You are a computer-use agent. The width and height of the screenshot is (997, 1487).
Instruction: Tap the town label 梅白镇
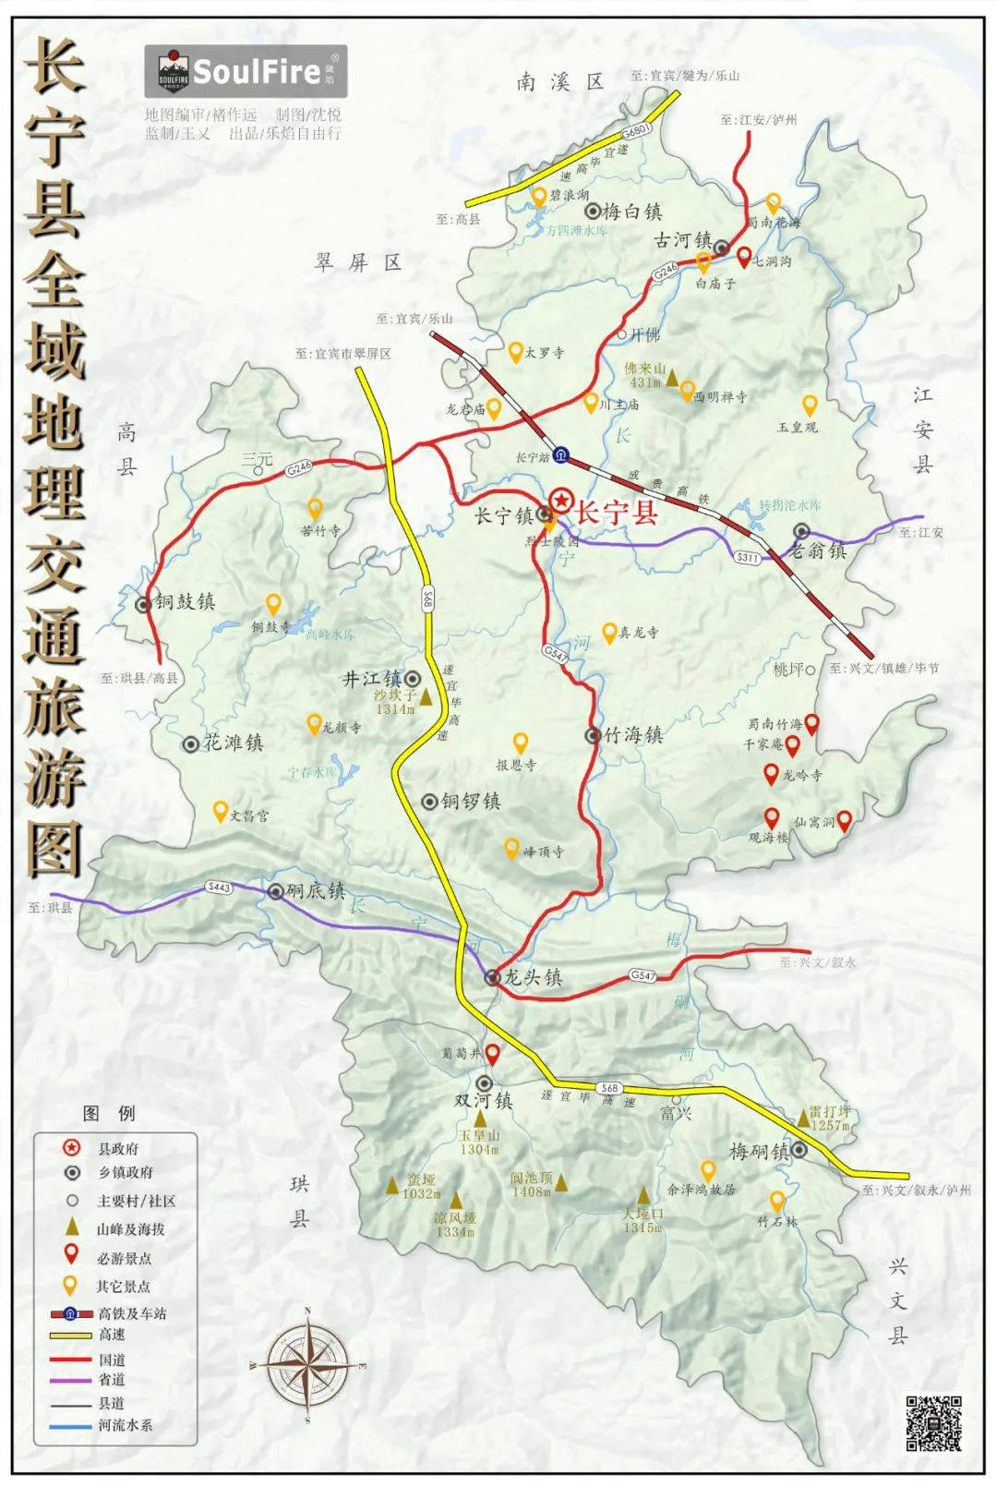631,212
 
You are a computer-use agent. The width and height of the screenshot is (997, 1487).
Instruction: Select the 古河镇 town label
682,241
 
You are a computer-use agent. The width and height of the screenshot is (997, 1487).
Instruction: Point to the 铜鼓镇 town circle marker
143,605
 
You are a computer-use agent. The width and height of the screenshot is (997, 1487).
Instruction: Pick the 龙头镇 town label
533,977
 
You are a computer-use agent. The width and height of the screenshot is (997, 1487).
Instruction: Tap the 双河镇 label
483,1101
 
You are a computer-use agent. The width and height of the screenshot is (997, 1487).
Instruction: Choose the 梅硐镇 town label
758,1152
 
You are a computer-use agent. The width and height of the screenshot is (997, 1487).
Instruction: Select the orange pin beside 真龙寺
609,632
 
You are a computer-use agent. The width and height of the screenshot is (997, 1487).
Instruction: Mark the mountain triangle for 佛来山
673,377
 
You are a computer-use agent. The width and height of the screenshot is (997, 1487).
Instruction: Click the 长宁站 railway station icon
560,456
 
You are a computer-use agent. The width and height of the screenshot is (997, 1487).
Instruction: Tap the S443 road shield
219,888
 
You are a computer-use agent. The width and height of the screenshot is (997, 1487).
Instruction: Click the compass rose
307,1363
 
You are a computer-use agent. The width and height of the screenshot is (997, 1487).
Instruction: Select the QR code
933,1423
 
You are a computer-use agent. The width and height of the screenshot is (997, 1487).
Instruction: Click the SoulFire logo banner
246,71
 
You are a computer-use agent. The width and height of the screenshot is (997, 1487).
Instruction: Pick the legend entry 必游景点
124,1258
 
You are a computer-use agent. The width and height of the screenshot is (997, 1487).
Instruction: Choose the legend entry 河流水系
126,1425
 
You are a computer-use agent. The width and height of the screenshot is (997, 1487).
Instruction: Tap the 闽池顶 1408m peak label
532,1184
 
